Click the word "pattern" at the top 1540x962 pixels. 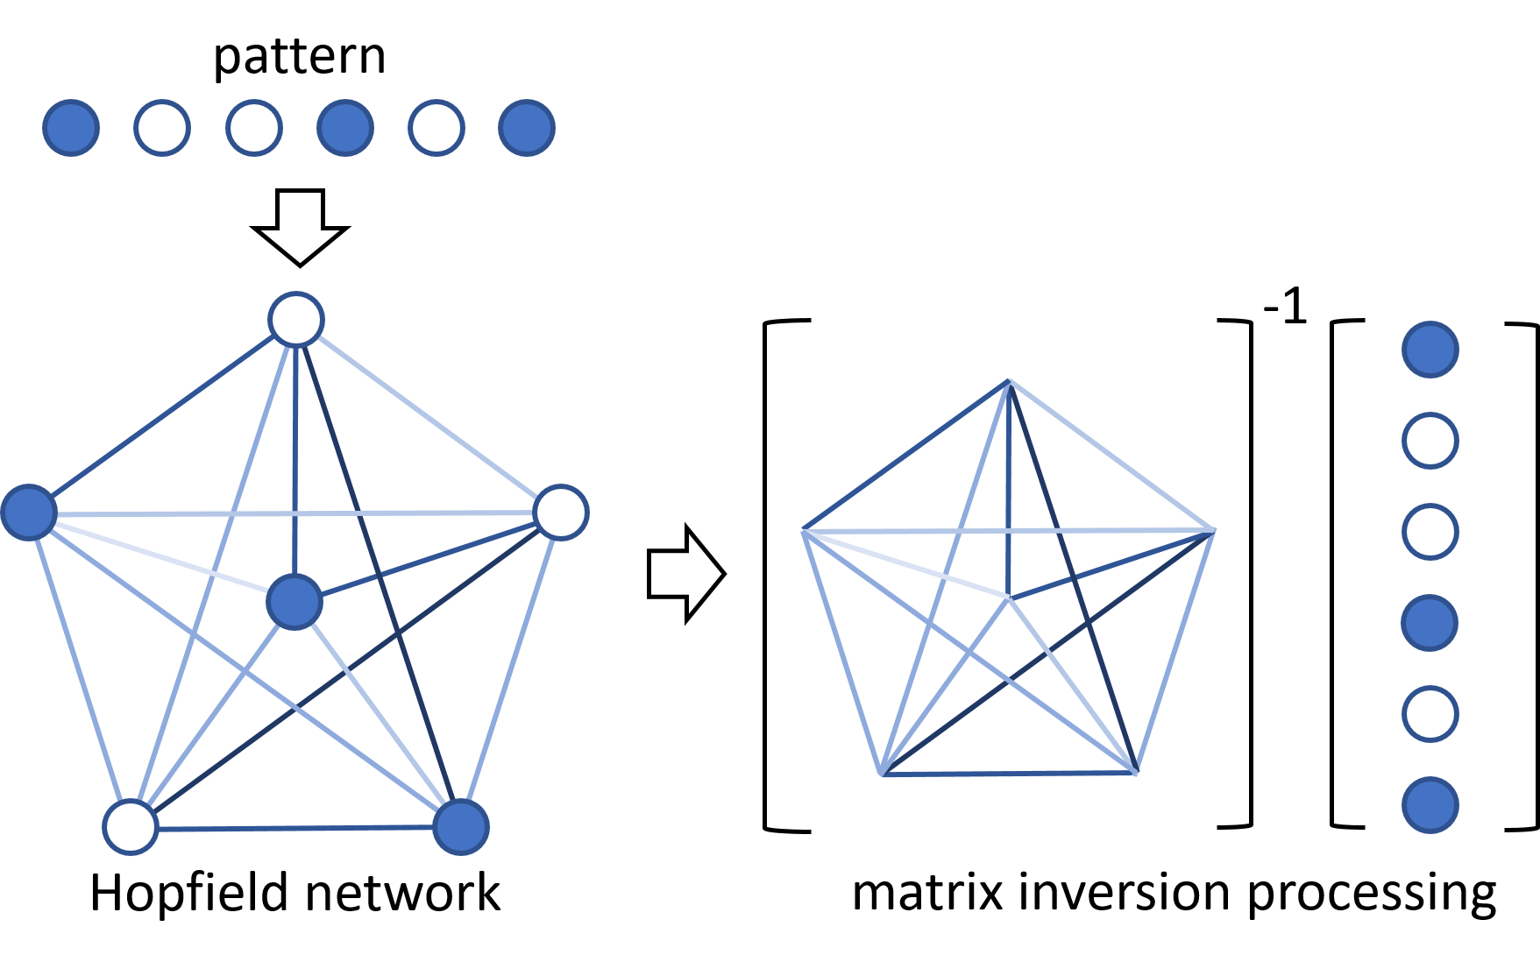click(299, 58)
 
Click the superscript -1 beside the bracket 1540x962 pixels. click(1285, 308)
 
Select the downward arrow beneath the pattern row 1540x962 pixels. click(300, 227)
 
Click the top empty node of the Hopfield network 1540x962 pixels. click(296, 320)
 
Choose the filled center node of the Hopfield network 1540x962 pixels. click(295, 602)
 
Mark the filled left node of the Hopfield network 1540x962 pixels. click(29, 512)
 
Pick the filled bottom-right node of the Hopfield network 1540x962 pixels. click(461, 826)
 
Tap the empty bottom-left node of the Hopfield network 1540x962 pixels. click(131, 826)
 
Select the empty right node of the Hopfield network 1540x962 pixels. click(561, 513)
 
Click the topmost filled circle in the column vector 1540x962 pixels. click(1430, 350)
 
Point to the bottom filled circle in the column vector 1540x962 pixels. click(1430, 805)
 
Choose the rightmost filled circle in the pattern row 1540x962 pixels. click(527, 128)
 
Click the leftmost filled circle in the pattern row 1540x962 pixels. click(71, 128)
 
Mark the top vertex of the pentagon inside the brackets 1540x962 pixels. click(1010, 381)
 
